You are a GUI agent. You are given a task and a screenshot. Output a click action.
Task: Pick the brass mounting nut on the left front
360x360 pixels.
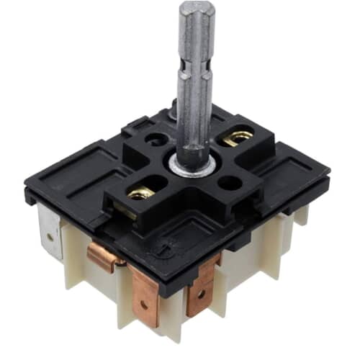click(x=142, y=193)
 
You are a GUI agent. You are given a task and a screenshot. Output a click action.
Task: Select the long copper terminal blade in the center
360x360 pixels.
click(x=143, y=295)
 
